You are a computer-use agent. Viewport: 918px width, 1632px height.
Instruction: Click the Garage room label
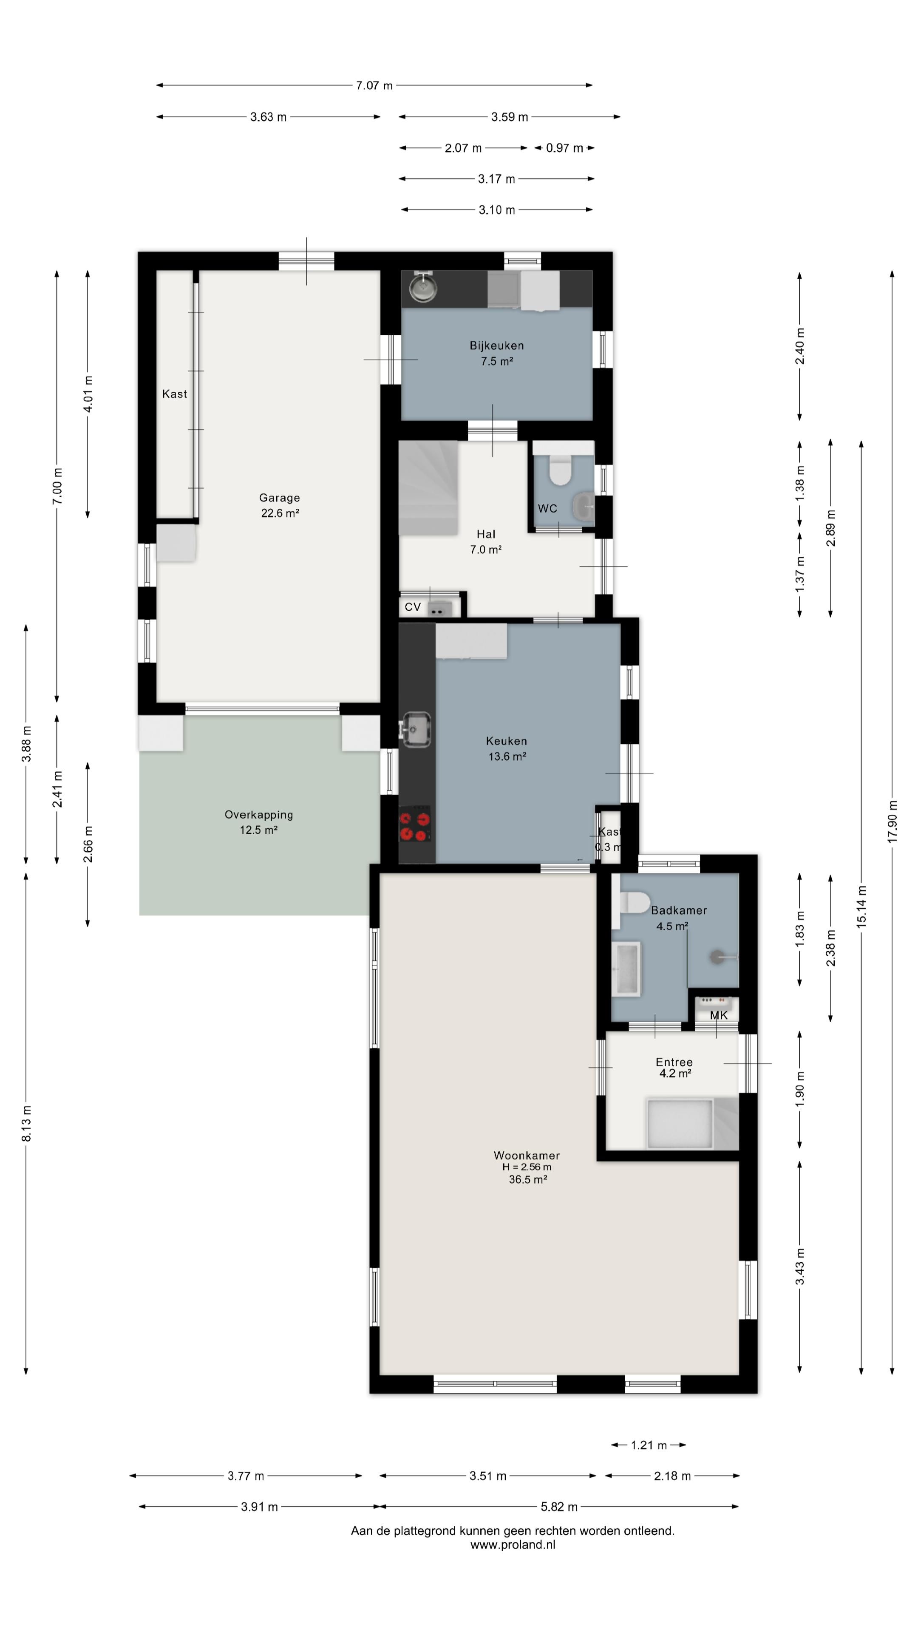pos(279,498)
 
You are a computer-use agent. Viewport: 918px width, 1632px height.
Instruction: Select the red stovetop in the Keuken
pos(415,824)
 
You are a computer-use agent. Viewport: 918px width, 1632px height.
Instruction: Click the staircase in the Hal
pos(428,488)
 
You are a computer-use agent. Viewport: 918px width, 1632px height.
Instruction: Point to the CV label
pos(413,607)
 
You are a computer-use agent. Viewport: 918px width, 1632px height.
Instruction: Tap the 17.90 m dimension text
pos(892,821)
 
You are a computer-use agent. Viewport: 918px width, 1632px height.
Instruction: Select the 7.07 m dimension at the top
pos(374,85)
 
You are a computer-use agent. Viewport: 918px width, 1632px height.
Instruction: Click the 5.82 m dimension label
pos(559,1507)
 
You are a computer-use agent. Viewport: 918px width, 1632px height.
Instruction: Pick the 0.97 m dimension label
pos(564,148)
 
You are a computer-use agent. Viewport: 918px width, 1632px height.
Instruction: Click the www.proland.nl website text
pos(513,1544)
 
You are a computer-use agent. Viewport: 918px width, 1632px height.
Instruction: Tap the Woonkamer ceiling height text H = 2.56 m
pos(527,1167)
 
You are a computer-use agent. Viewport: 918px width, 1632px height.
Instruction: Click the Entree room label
pos(674,1062)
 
